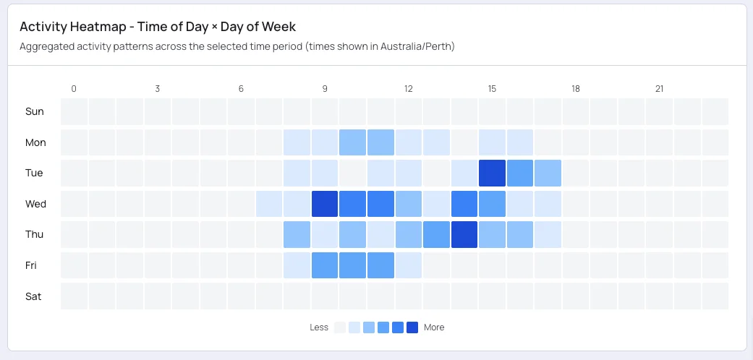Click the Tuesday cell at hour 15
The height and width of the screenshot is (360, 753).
[492, 173]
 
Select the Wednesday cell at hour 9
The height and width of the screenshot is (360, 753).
[325, 204]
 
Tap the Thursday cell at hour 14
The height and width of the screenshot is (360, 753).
[464, 235]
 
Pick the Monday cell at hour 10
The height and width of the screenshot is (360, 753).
[352, 142]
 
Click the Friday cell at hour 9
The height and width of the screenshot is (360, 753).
[325, 265]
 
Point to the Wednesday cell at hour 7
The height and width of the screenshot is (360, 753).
[269, 204]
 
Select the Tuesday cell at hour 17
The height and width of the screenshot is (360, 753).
[548, 173]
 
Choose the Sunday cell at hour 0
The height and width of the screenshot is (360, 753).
[74, 112]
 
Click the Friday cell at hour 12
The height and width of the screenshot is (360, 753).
[409, 265]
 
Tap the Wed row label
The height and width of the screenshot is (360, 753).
[35, 204]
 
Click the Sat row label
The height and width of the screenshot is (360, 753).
[34, 296]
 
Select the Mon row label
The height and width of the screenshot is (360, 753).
[35, 142]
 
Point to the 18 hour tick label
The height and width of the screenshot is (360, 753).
[576, 89]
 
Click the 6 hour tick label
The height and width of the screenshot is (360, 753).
[241, 89]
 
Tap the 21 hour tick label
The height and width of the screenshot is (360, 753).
[659, 89]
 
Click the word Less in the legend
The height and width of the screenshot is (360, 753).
[319, 327]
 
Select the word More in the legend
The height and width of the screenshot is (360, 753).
[434, 327]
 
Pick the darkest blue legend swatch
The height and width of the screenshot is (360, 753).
[412, 327]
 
